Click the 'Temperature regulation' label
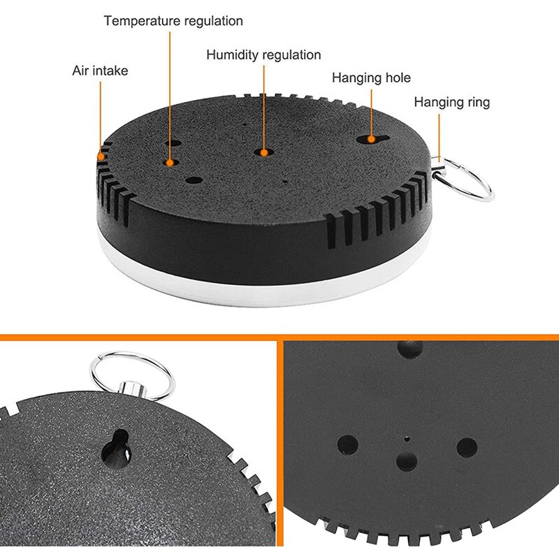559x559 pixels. (173, 21)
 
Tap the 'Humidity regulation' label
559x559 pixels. (263, 55)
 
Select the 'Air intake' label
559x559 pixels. (100, 71)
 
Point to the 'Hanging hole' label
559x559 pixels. (371, 78)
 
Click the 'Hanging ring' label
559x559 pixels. (451, 102)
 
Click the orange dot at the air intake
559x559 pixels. (101, 156)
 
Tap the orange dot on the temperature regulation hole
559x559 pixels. (170, 163)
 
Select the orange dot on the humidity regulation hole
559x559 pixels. (264, 153)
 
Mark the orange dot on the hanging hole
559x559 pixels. (371, 139)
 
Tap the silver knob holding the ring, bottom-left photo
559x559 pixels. (133, 390)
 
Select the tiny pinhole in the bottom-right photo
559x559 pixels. (407, 439)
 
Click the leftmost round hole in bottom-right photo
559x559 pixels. (347, 445)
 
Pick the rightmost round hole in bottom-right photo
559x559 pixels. (467, 448)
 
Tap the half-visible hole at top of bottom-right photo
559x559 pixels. (410, 348)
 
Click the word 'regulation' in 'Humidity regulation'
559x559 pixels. (291, 55)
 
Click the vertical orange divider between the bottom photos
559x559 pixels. (280, 444)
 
